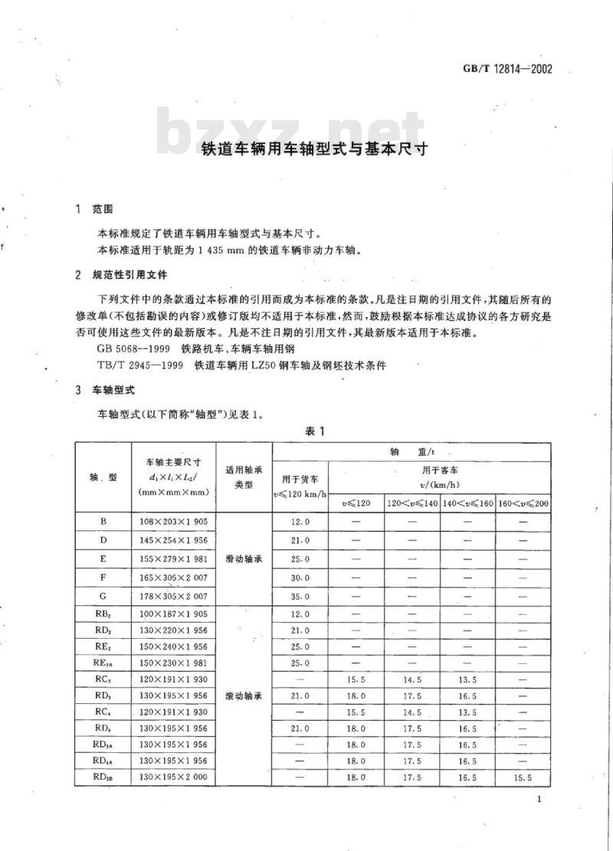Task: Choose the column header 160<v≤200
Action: click(x=523, y=503)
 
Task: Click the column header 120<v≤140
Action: click(x=412, y=503)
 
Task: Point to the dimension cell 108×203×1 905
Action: click(x=174, y=522)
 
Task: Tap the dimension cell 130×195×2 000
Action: click(x=174, y=777)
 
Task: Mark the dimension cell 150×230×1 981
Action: click(x=174, y=663)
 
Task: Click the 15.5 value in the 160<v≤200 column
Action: click(x=523, y=777)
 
